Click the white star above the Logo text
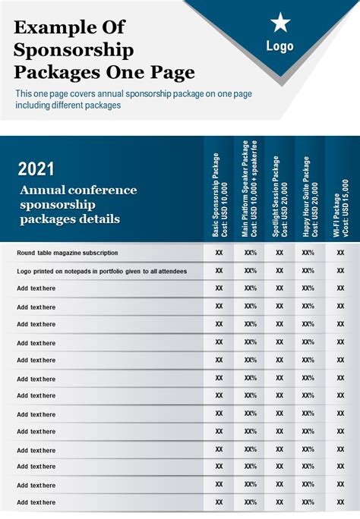click(280, 23)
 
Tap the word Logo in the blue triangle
click(279, 46)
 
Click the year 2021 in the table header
click(36, 168)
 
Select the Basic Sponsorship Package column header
click(220, 194)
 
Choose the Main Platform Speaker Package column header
click(249, 189)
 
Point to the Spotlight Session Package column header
click(279, 197)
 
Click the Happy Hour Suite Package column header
click(311, 197)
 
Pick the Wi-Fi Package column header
click(341, 208)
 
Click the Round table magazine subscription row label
click(68, 253)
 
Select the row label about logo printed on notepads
click(102, 272)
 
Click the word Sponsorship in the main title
click(74, 50)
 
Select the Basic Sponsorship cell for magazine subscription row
click(219, 253)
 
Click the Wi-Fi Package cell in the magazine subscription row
click(340, 253)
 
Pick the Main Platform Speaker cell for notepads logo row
click(251, 271)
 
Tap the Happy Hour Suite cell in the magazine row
click(308, 253)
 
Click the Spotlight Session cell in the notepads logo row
click(279, 271)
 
